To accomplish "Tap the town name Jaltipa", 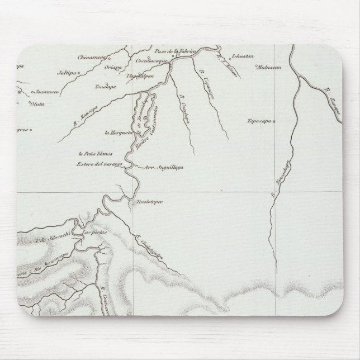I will click(x=67, y=72).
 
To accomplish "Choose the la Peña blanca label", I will click(x=96, y=153).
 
